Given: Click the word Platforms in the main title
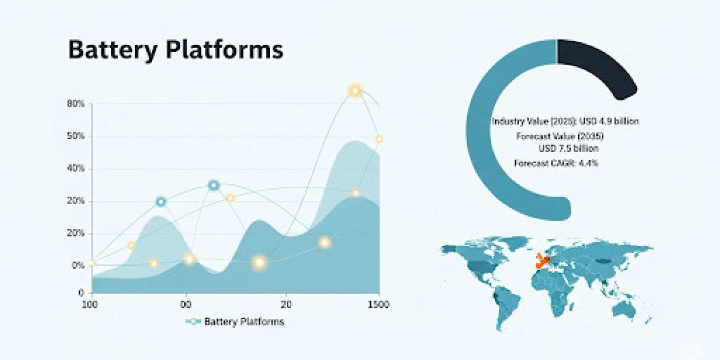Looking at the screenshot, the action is click(x=224, y=49).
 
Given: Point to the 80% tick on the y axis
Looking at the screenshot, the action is click(x=76, y=103).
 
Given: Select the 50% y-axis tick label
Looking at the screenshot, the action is click(x=76, y=136).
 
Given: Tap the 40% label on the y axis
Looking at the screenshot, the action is click(x=76, y=168).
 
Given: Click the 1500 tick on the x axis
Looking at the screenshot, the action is click(x=379, y=304).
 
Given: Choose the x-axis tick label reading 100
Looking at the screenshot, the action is click(x=89, y=304).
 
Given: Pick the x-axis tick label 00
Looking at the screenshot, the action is click(x=186, y=304).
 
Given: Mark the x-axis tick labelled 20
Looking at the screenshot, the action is click(x=286, y=304).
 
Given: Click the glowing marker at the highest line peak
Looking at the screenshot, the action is click(x=355, y=91).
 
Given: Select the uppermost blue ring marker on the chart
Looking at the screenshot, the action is click(x=214, y=185).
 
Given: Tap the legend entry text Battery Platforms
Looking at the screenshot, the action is click(x=244, y=322).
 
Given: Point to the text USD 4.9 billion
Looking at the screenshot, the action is click(x=609, y=121).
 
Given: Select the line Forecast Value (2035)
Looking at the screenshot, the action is click(x=560, y=136).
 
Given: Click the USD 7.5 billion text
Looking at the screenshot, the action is click(x=569, y=148).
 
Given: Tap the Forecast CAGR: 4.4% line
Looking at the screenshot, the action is click(x=556, y=163).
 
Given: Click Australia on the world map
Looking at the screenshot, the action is click(x=624, y=309).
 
